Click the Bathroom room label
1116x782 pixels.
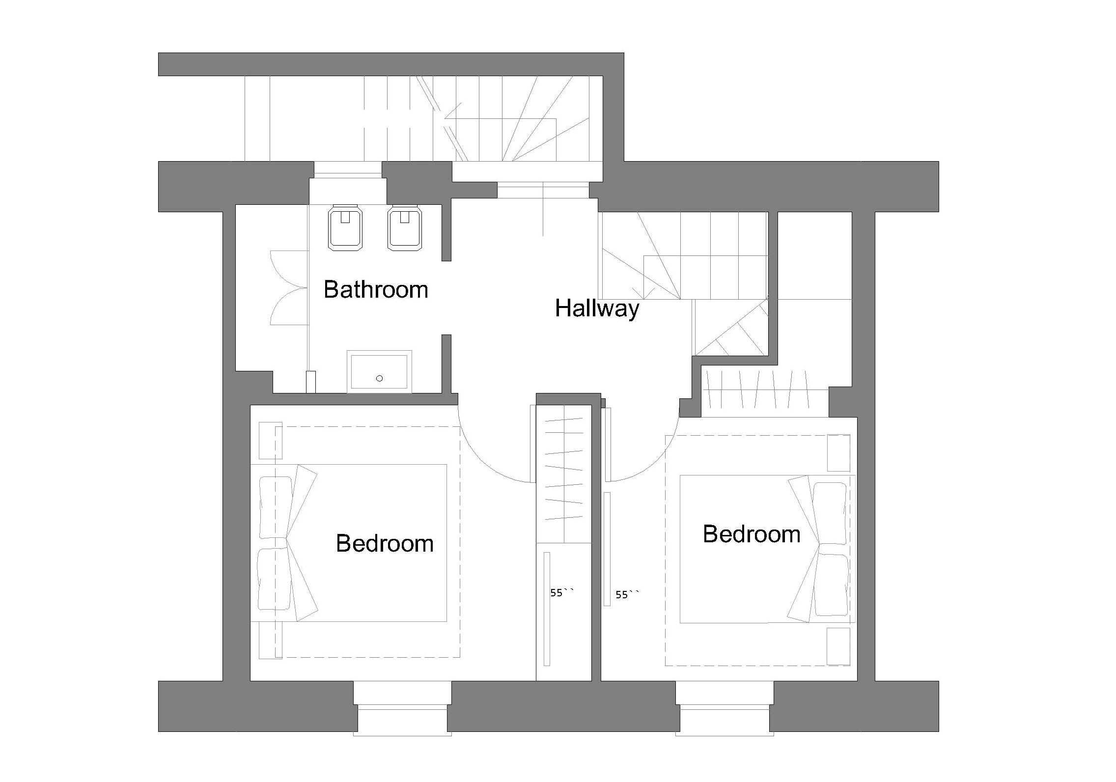point(376,289)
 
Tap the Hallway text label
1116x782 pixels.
point(597,309)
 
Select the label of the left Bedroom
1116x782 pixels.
point(385,543)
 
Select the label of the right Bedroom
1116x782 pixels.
point(752,534)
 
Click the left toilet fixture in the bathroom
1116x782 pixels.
point(345,228)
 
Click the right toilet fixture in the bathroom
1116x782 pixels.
point(405,228)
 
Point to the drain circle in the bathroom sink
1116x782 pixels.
point(379,378)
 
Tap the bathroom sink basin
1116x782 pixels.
point(379,372)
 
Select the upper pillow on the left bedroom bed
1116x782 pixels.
point(275,507)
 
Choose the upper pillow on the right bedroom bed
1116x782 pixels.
point(831,513)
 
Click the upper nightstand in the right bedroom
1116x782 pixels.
point(838,453)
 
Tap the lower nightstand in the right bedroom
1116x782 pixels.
point(838,646)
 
